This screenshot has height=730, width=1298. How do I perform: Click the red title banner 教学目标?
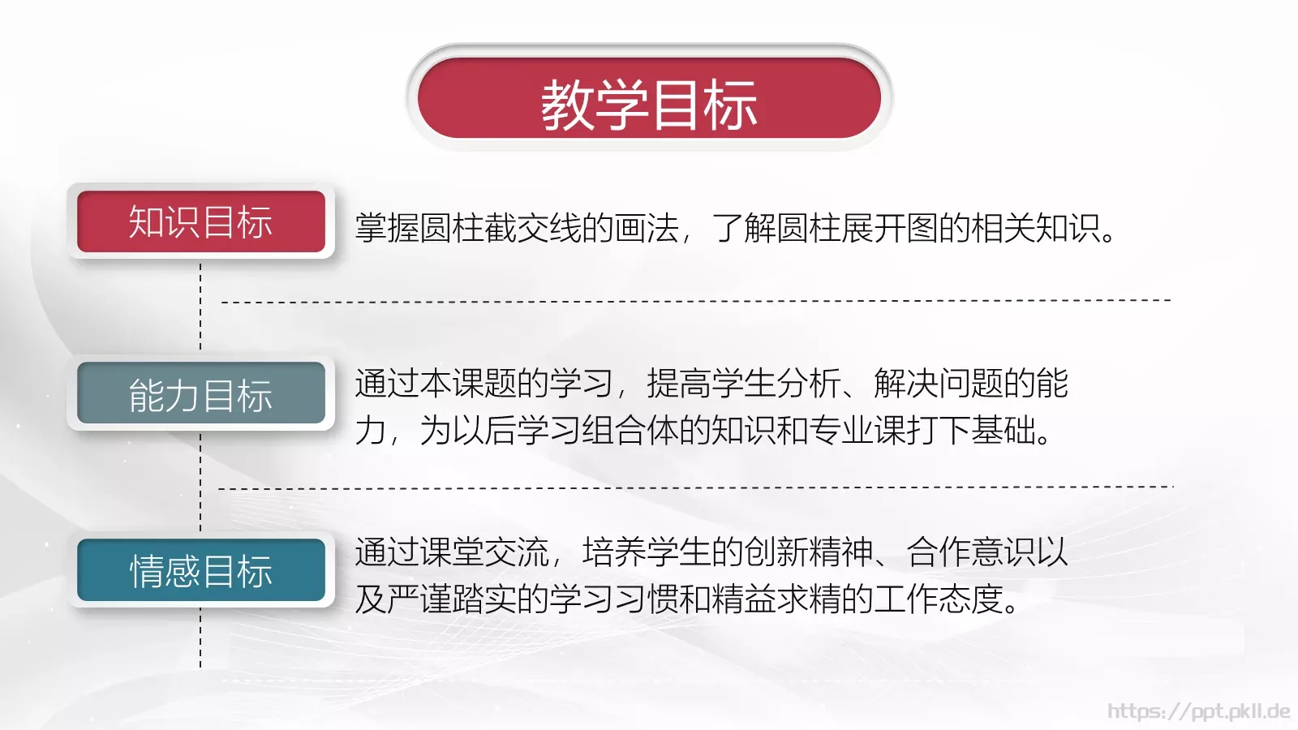coord(649,98)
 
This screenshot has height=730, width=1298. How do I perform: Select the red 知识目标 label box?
coord(200,221)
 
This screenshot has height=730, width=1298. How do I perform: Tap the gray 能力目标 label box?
coord(200,394)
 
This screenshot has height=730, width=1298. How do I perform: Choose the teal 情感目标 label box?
coord(200,570)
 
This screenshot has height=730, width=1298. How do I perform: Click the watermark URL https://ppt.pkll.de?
coord(1198,711)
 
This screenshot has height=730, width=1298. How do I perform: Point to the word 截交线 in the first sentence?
coord(533,228)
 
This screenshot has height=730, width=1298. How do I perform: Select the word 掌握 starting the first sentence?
coord(387,228)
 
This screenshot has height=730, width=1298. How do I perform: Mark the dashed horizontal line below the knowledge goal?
coord(696,301)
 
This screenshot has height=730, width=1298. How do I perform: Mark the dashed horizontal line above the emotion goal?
coord(696,488)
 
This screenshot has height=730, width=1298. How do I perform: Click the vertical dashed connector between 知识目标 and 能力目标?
coord(200,307)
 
